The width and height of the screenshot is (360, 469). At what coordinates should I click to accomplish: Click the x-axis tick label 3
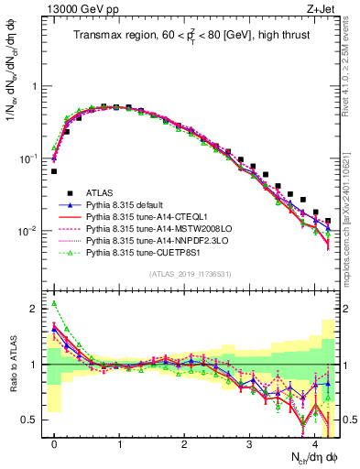tap(250, 443)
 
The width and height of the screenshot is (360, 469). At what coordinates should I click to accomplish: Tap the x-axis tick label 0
tap(54, 443)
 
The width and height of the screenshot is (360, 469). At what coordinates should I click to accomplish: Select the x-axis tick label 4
tap(315, 443)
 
